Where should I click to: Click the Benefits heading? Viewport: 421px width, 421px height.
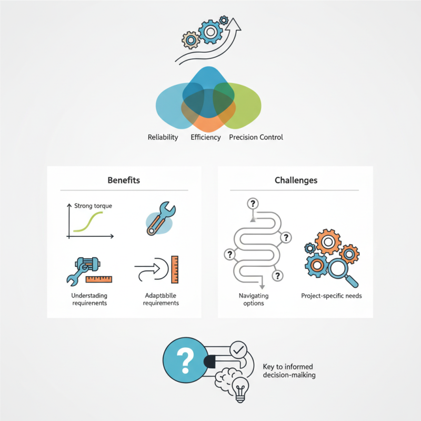click(124, 180)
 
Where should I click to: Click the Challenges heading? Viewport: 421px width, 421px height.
click(296, 180)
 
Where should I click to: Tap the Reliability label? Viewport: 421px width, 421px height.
click(163, 137)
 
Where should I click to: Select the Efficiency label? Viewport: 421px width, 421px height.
click(206, 137)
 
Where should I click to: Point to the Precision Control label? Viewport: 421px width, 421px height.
click(256, 137)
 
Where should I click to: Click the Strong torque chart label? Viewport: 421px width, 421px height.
click(93, 206)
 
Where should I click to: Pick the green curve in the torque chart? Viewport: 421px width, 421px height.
click(88, 222)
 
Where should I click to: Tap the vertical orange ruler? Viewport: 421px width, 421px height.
click(175, 269)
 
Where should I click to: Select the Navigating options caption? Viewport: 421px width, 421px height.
click(254, 299)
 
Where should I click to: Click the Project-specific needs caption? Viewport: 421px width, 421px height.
click(332, 296)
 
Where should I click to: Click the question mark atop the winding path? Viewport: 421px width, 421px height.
click(253, 204)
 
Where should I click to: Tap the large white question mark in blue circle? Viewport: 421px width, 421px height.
click(185, 360)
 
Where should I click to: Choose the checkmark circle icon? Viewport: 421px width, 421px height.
click(238, 349)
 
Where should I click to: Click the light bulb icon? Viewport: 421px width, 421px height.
click(240, 389)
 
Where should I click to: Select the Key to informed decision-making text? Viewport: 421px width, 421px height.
click(289, 371)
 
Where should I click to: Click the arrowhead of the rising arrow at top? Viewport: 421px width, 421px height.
click(233, 25)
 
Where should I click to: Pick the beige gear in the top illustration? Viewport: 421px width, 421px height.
click(191, 41)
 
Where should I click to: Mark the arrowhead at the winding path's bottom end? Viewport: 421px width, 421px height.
click(262, 287)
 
